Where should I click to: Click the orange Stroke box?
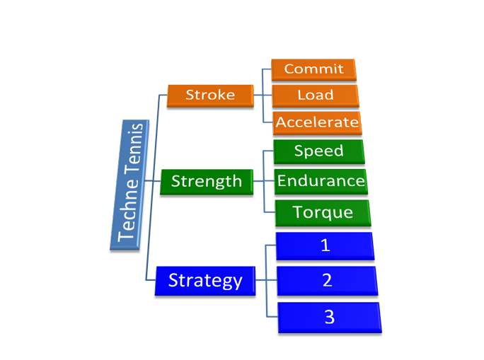[x=209, y=95]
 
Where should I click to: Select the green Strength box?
[x=206, y=181]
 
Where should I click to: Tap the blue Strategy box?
[x=204, y=280]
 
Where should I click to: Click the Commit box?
[x=313, y=69]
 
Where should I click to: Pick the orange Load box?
[x=315, y=95]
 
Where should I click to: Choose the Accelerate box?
[x=316, y=122]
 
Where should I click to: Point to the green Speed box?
[x=318, y=151]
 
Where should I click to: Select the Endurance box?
[x=320, y=180]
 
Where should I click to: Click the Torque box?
[x=323, y=211]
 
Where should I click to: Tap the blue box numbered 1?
[x=325, y=245]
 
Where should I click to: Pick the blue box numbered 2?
[x=327, y=280]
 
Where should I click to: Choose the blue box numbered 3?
[x=329, y=317]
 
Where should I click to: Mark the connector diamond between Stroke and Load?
[x=264, y=95]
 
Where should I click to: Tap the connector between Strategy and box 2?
[x=266, y=281]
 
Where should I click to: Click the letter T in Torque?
[x=298, y=211]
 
